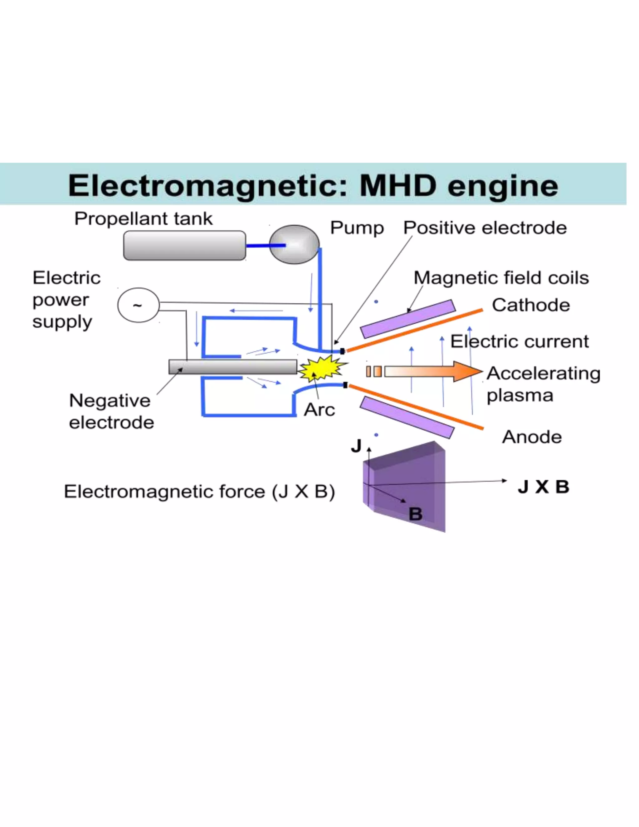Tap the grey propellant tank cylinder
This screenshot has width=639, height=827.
184,245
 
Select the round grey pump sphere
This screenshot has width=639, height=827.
295,245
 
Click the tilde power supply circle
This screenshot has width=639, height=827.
138,305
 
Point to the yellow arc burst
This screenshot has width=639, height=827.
321,369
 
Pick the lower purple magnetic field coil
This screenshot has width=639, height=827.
407,417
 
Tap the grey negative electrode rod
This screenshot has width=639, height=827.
232,367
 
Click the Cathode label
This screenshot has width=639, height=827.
531,305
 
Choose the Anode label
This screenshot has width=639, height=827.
531,437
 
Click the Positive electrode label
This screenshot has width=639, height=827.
485,228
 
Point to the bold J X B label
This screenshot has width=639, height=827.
544,487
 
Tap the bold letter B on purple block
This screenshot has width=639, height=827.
415,514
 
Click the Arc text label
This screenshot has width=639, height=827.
319,409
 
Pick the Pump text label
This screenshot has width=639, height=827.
357,228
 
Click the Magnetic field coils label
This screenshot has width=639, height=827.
501,277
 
